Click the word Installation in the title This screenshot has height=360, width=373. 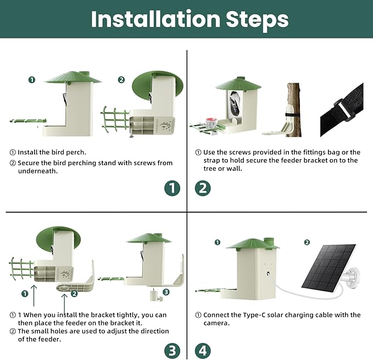(x=156, y=19)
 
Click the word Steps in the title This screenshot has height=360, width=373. (x=258, y=20)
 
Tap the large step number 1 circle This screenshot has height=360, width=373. (x=172, y=188)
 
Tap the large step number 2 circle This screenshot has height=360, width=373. (x=203, y=188)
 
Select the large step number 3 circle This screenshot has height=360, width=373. (x=172, y=351)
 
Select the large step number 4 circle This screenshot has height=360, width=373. (x=203, y=351)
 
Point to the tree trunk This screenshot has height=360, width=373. (x=294, y=110)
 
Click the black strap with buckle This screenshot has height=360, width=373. (x=342, y=110)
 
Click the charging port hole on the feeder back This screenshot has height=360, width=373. (x=268, y=273)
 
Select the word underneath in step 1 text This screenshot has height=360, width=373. (x=38, y=171)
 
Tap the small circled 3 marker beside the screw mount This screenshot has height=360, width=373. (x=166, y=292)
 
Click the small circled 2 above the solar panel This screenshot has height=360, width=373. (x=307, y=242)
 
